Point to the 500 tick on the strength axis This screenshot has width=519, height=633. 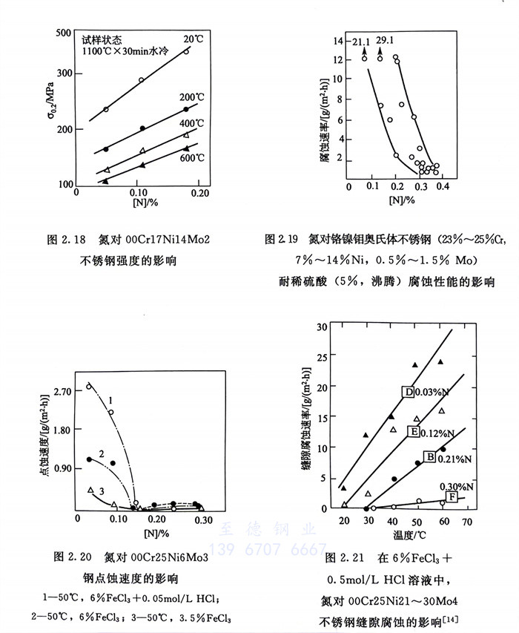pos(63,34)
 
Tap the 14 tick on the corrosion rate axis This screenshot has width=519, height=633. pos(340,41)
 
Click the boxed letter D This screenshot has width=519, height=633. pos(407,392)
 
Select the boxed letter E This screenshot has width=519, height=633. pos(414,431)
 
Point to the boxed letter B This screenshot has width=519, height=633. pos(429,456)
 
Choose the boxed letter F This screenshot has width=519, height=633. pos(452,496)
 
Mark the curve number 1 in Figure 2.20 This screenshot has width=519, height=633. pos(109,401)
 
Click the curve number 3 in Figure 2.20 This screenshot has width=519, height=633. pos(101,492)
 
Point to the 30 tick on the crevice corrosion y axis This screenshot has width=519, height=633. pos(322,327)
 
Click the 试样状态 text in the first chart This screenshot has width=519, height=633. pos(101,39)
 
